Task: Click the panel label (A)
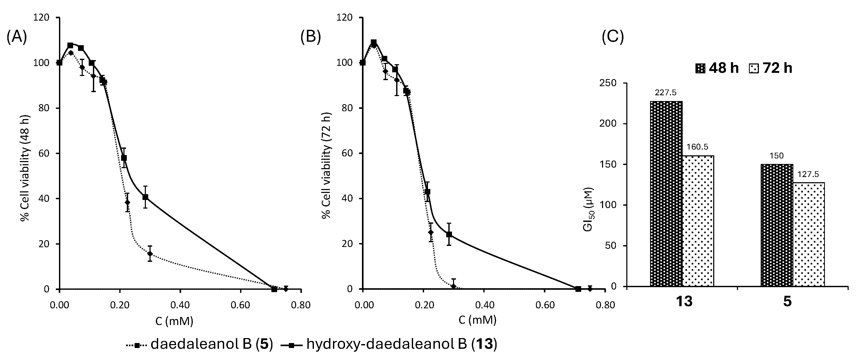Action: (x=16, y=38)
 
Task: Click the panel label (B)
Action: (x=311, y=38)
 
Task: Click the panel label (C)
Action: (x=613, y=38)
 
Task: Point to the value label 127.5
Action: (x=808, y=175)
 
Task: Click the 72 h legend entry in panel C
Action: (x=771, y=68)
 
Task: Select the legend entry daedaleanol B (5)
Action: (x=199, y=344)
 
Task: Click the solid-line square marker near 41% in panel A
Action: (x=145, y=197)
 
